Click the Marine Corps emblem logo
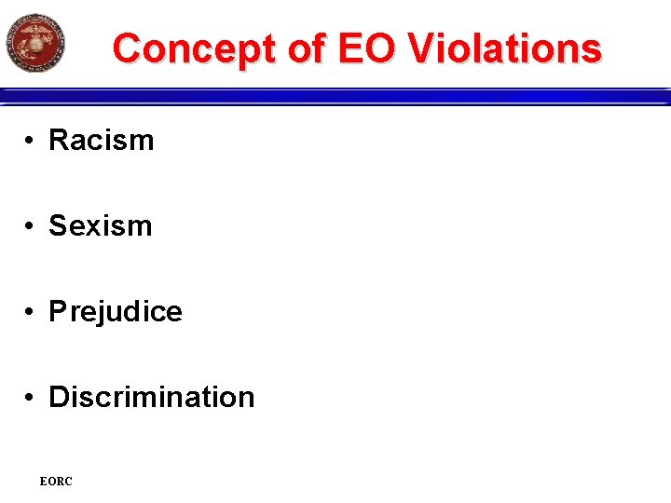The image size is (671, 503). (x=35, y=43)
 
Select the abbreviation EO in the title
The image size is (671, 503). (x=365, y=48)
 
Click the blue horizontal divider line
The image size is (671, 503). (x=335, y=96)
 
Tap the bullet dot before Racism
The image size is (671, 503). (x=31, y=141)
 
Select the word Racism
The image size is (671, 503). (x=101, y=141)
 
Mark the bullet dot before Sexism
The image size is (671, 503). (x=31, y=226)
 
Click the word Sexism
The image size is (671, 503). (x=100, y=226)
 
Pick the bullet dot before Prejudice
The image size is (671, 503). (x=31, y=312)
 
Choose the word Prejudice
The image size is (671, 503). (x=116, y=312)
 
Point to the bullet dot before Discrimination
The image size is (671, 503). (x=31, y=398)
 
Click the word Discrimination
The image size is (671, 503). (x=151, y=398)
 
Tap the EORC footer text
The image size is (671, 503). (x=56, y=482)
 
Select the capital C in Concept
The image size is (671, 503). (x=127, y=48)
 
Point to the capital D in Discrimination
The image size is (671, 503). (x=58, y=398)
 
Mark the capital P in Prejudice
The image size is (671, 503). (x=57, y=312)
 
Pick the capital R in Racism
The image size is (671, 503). (x=58, y=141)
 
